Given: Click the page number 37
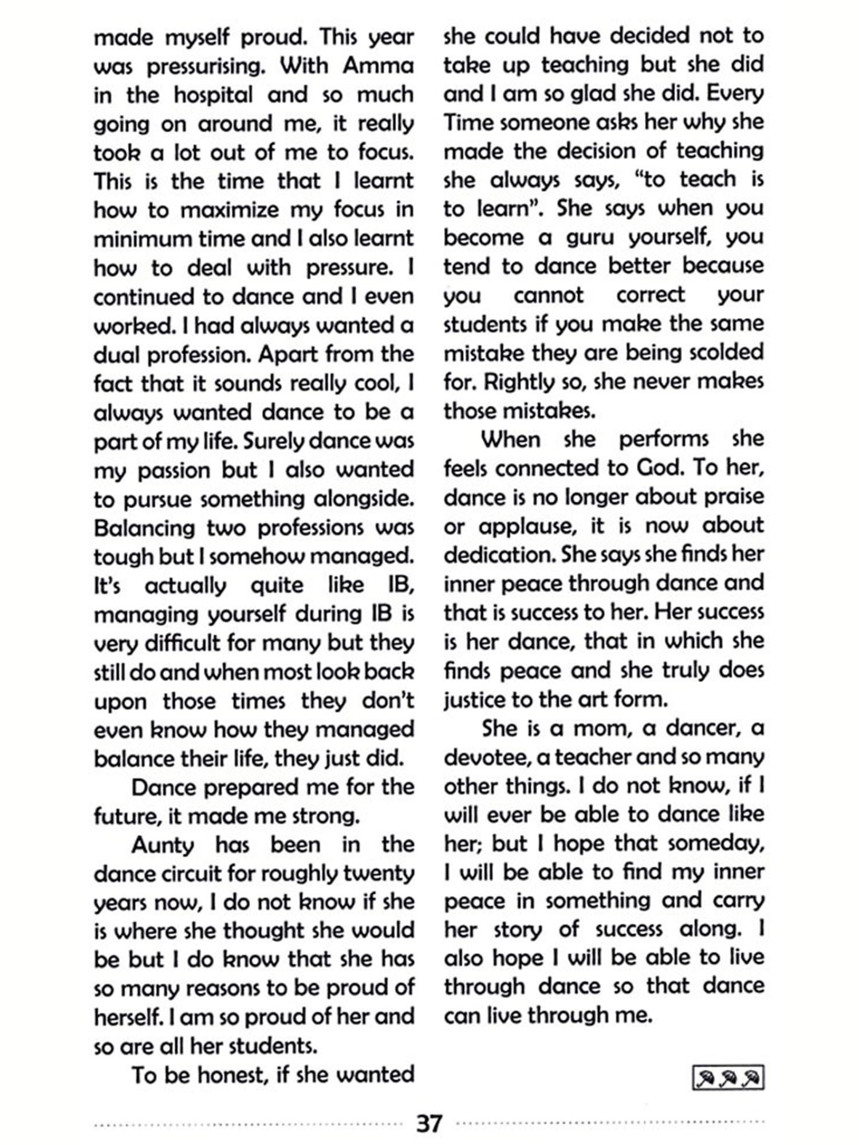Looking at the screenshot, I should coord(429,1123).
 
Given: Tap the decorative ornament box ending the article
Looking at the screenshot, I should coord(728,1079).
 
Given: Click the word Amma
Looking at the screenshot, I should coord(378,66).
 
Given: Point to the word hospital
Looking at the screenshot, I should coord(213,95).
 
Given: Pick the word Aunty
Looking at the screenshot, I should coord(163,845).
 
